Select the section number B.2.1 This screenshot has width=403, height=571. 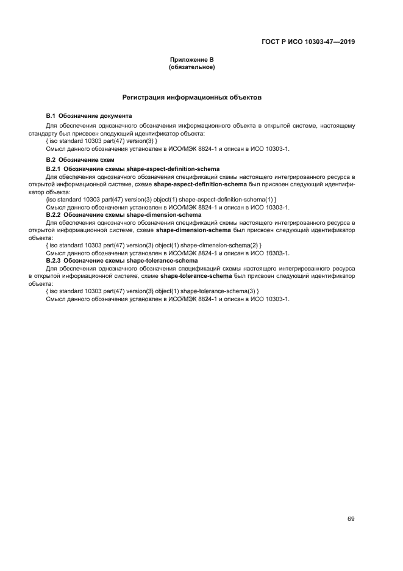(54, 168)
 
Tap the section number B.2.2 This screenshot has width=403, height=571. (54, 215)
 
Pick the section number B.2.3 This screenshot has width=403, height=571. (54, 261)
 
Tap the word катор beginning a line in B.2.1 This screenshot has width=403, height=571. (36, 191)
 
